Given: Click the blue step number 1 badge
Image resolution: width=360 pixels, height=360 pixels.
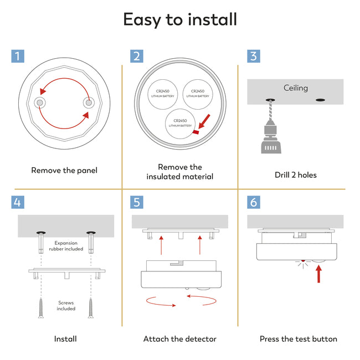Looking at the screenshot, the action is pos(18,56).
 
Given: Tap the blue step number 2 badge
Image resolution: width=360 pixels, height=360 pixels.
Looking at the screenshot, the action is pos(137,56).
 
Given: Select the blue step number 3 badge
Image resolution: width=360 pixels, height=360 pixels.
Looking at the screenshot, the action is pos(254,56).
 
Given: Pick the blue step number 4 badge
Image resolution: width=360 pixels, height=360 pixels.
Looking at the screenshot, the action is pos(18,202).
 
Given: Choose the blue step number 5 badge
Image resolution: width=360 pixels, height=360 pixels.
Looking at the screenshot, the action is pos(137,202).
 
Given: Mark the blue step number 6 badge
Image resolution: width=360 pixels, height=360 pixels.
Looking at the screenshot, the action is pos(254,202).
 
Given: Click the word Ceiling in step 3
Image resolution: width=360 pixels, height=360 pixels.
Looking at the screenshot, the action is pos(296,88).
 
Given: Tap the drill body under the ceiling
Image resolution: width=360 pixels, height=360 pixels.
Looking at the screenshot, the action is pos(271,138).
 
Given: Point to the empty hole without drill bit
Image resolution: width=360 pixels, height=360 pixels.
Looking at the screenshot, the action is pos(320,100).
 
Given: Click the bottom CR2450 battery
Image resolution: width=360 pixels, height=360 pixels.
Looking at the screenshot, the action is pos(180,124).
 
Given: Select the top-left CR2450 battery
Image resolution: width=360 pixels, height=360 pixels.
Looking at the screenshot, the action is pos(162,94).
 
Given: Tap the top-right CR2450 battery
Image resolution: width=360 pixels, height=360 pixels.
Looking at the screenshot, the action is pos(198,94).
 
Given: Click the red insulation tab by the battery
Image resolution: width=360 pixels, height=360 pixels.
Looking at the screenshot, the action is pos(196,132).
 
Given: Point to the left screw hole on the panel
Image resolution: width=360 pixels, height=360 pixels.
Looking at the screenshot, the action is pos(40,102).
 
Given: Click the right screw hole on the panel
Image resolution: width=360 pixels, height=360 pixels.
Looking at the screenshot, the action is pos(89,102).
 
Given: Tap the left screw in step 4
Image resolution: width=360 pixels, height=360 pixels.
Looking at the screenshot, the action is pos(41,308).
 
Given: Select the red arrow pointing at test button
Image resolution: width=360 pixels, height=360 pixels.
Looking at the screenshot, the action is pos(318,274).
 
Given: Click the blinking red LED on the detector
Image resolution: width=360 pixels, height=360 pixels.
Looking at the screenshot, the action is pos(303,261).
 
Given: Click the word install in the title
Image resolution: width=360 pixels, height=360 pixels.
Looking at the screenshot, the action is pos(212,19).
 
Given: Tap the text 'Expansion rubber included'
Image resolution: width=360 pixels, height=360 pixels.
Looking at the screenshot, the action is pos(66,246).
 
